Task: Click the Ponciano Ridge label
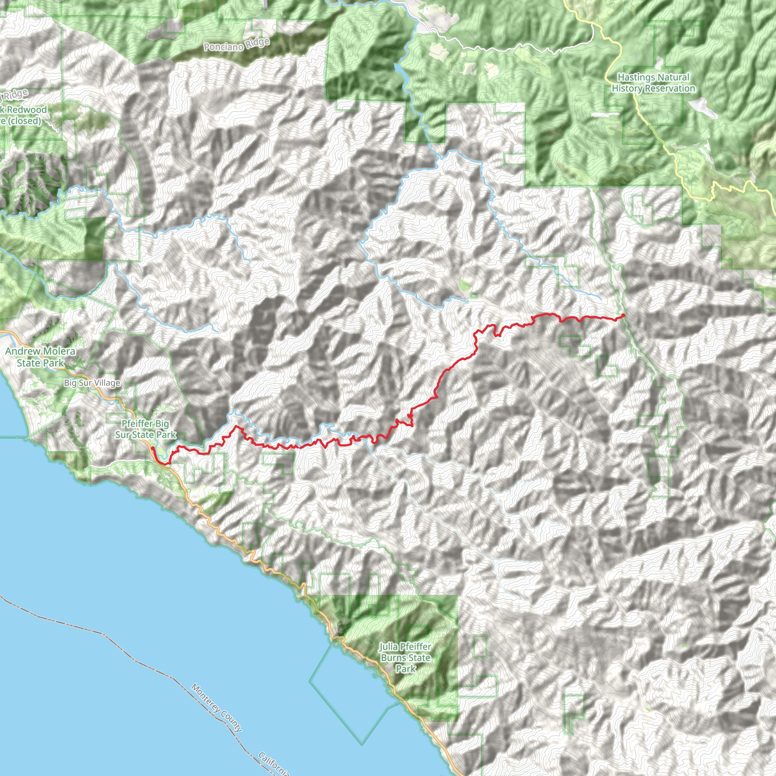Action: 236,45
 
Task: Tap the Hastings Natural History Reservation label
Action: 653,83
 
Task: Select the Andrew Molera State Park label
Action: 40,357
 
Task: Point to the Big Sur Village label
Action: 92,383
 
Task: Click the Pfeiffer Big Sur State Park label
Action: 145,429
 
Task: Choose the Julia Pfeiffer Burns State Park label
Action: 405,657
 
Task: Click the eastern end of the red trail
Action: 623,315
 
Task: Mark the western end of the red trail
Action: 152,448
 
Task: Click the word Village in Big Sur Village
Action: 106,383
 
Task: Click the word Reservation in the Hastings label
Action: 670,88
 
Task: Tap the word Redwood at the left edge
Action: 27,110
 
